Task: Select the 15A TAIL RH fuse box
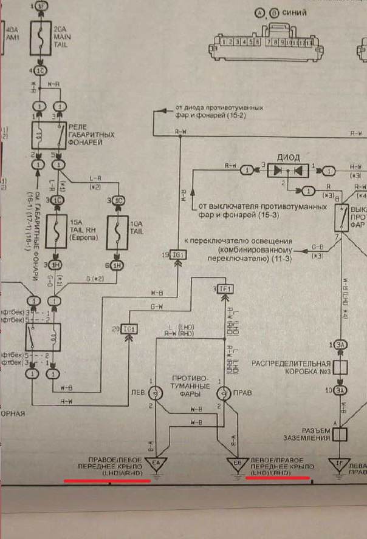pyautogui.click(x=58, y=230)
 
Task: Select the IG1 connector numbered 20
pyautogui.click(x=129, y=328)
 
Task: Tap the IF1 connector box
pyautogui.click(x=224, y=290)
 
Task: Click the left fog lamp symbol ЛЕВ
pyautogui.click(x=156, y=393)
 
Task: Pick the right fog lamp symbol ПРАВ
pyautogui.click(x=224, y=393)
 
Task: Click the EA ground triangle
pyautogui.click(x=156, y=464)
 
